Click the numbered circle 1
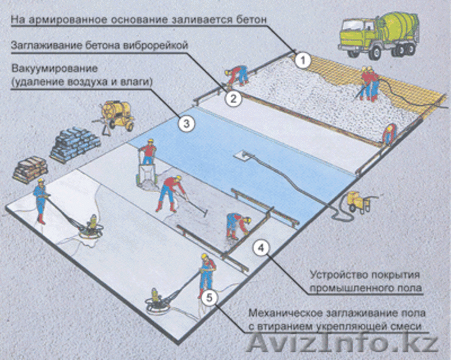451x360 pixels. (x=303, y=61)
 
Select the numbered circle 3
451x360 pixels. (x=187, y=124)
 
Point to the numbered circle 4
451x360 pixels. (x=261, y=248)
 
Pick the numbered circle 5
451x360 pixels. (x=209, y=298)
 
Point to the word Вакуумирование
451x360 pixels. (x=55, y=70)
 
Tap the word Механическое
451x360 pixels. (x=286, y=313)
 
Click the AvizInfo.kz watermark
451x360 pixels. (x=342, y=343)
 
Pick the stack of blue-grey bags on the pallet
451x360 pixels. (x=76, y=144)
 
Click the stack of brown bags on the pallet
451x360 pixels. (x=30, y=170)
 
